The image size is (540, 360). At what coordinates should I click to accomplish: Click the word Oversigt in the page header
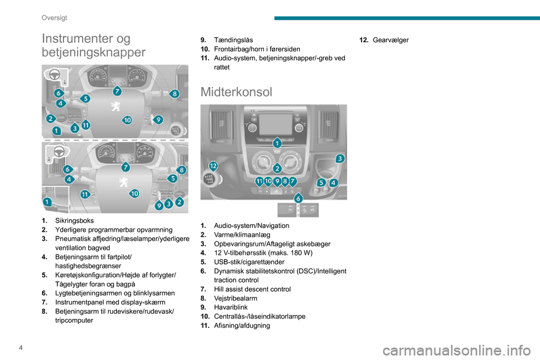click(x=55, y=17)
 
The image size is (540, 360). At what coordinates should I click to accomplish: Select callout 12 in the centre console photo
click(x=213, y=166)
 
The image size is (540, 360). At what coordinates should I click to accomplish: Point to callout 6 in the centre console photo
click(x=298, y=198)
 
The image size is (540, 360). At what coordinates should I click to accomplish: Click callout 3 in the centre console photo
click(x=340, y=159)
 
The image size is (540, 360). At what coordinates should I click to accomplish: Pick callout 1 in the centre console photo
click(x=277, y=144)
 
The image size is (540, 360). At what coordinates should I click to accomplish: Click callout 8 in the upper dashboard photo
click(x=175, y=93)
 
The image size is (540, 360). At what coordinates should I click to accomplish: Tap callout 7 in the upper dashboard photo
click(x=117, y=90)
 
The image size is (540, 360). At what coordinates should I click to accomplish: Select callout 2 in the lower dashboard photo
click(x=180, y=201)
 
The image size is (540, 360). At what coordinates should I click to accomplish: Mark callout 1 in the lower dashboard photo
click(x=47, y=202)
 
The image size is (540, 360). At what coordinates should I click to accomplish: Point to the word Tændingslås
click(x=233, y=40)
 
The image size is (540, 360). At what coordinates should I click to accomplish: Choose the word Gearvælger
click(x=390, y=40)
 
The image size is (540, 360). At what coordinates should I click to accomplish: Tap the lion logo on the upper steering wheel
click(x=115, y=107)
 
